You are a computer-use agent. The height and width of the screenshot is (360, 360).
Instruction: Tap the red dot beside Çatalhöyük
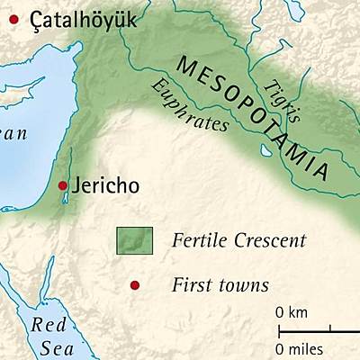(x=13, y=17)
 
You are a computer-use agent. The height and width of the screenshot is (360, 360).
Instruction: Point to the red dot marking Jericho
(x=62, y=185)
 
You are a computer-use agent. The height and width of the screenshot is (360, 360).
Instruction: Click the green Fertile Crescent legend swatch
(x=134, y=240)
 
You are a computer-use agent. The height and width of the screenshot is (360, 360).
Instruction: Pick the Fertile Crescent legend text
(x=238, y=240)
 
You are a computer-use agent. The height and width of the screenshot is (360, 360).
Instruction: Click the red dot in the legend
(x=134, y=285)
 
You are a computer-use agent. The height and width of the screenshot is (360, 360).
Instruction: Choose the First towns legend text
(x=220, y=285)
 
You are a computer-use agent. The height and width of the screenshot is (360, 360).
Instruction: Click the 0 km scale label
(x=292, y=312)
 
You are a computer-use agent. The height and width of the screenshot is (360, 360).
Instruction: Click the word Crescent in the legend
(x=271, y=240)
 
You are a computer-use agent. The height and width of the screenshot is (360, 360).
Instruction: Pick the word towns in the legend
(x=246, y=285)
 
